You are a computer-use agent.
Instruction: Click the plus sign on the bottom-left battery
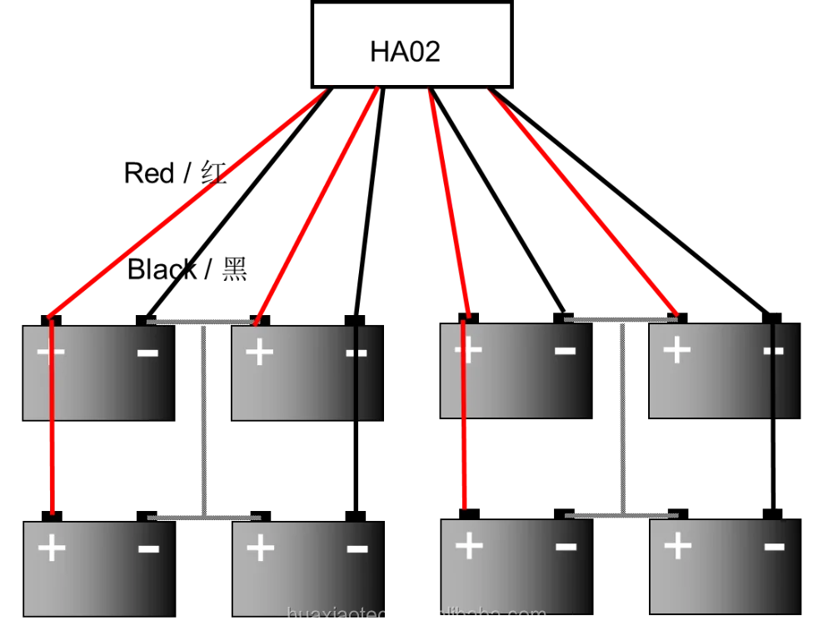point(52,548)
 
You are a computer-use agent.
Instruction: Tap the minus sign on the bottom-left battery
point(148,548)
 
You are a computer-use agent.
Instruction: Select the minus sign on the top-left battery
point(147,353)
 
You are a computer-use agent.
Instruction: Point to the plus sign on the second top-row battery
point(260,353)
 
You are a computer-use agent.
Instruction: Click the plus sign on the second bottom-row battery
point(260,548)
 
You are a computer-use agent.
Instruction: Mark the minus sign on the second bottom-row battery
point(357,548)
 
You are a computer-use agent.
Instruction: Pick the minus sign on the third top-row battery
point(565,352)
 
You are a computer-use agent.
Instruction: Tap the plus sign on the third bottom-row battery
point(469,546)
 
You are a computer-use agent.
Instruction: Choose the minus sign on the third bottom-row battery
point(566,547)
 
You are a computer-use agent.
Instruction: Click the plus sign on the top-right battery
point(676,351)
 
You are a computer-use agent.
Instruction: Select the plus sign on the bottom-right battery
point(677,546)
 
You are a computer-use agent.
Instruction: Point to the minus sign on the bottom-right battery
point(774,547)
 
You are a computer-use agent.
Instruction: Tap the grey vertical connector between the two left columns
point(202,417)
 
